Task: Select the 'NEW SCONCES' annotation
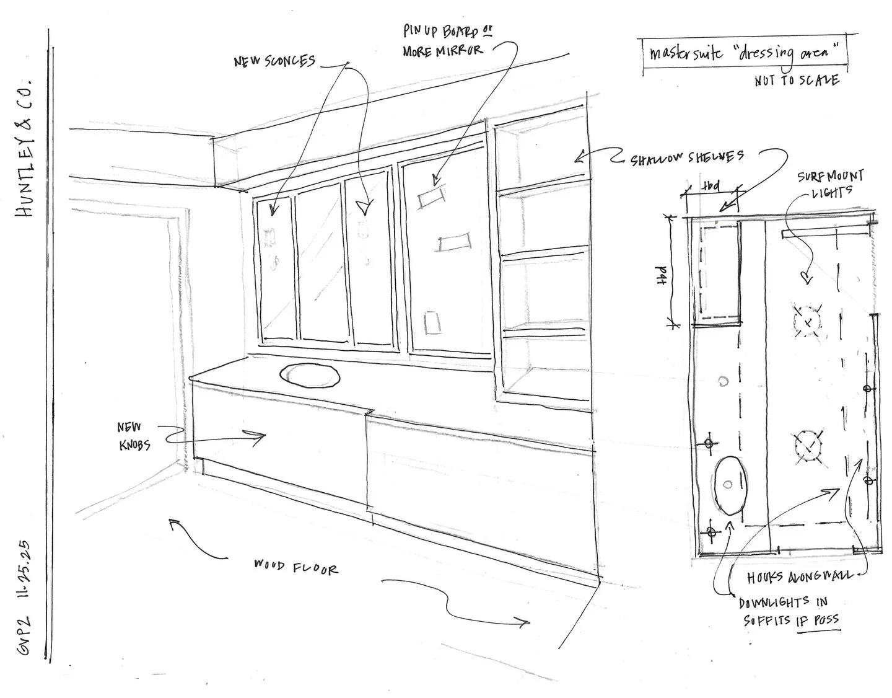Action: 274,61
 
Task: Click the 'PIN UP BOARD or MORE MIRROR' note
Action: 444,41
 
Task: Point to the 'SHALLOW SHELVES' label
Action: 687,158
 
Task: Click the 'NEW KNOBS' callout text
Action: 134,436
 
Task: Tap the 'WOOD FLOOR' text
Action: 296,567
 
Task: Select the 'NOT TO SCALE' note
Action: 797,81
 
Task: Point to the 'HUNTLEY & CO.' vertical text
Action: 28,148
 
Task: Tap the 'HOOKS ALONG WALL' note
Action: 799,577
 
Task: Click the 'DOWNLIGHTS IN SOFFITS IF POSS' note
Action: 790,611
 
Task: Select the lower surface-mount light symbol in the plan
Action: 808,445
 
